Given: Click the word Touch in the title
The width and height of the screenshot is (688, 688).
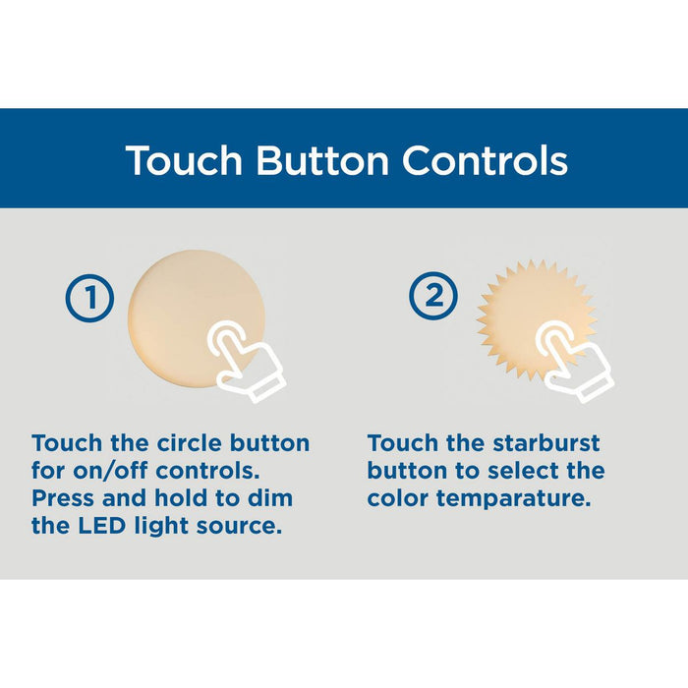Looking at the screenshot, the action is [184, 160].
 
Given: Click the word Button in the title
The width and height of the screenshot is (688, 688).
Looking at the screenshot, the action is [322, 160].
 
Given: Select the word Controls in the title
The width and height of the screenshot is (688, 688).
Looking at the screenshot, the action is [485, 160].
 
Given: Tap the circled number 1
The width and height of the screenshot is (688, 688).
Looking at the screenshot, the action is [90, 298].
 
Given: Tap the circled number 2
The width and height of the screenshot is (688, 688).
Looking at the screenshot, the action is [433, 295].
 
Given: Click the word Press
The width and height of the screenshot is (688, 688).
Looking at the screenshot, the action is [63, 498].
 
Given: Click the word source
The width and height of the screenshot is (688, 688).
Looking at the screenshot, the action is [239, 527].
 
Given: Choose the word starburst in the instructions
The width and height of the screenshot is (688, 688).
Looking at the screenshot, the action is [545, 442].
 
